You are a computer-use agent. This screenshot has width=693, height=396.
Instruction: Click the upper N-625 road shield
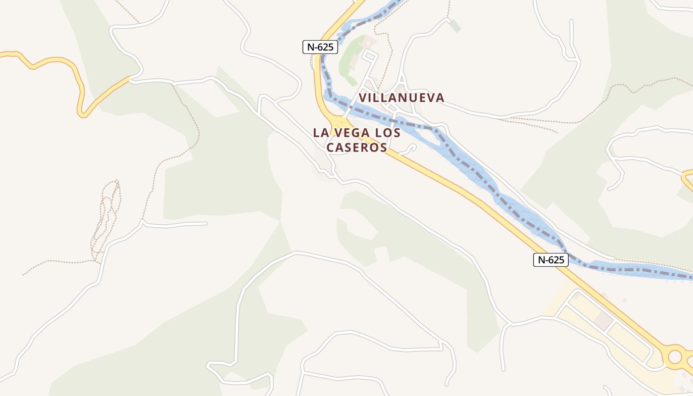(320, 47)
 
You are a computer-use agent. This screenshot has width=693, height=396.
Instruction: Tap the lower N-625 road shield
(550, 260)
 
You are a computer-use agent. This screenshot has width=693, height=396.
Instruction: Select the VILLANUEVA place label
(401, 98)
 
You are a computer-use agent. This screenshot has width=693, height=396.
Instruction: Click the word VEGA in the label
(352, 133)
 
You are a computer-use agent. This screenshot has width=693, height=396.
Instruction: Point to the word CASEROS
(356, 148)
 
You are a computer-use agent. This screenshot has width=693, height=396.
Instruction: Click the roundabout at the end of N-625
(675, 355)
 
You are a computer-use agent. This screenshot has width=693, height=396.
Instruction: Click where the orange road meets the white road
(130, 78)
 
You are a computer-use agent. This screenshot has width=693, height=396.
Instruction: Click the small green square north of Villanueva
(455, 26)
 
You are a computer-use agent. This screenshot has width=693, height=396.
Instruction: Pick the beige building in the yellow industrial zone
(603, 320)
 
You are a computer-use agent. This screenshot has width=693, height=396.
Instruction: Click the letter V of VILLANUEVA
(363, 98)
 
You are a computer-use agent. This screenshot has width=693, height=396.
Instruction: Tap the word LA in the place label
(319, 133)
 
